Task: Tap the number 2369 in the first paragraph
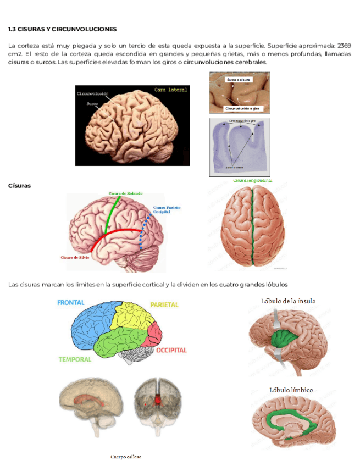pos(344,45)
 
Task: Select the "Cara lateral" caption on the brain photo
pos(170,90)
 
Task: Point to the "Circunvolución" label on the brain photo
pos(93,94)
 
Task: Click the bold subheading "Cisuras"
pos(19,186)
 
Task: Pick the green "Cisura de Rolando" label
pos(126,193)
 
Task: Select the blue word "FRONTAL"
pos(71,303)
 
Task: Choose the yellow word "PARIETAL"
pos(164,304)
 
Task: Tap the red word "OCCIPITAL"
pos(171,350)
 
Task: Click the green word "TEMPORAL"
pos(75,359)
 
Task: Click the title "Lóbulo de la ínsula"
pos(288,301)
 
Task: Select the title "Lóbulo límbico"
pos(291,390)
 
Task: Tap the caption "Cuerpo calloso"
pos(126,457)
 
